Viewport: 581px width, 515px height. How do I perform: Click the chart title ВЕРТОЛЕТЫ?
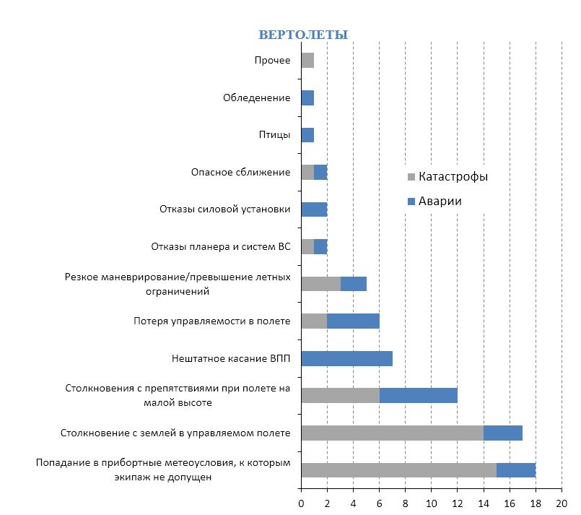pyautogui.click(x=303, y=35)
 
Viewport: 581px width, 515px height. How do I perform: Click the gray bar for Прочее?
pyautogui.click(x=307, y=61)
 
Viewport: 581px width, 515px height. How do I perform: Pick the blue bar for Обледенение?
pyautogui.click(x=307, y=98)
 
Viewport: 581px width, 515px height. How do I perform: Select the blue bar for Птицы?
pyautogui.click(x=307, y=135)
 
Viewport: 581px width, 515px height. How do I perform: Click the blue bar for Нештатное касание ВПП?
pyautogui.click(x=346, y=358)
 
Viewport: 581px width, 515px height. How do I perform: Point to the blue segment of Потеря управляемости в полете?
pyautogui.click(x=353, y=321)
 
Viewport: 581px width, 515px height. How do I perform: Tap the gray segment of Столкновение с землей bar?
pyautogui.click(x=392, y=433)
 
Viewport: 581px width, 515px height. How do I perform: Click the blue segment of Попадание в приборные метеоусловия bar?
pyautogui.click(x=516, y=469)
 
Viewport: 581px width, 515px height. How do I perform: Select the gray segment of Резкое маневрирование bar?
pyautogui.click(x=320, y=284)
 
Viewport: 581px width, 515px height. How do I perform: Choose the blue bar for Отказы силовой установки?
pyautogui.click(x=314, y=209)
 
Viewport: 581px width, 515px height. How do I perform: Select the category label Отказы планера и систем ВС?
pyautogui.click(x=221, y=246)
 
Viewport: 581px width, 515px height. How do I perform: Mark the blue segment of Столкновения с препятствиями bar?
pyautogui.click(x=419, y=395)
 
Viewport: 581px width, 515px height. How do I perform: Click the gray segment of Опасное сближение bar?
pyautogui.click(x=307, y=172)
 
